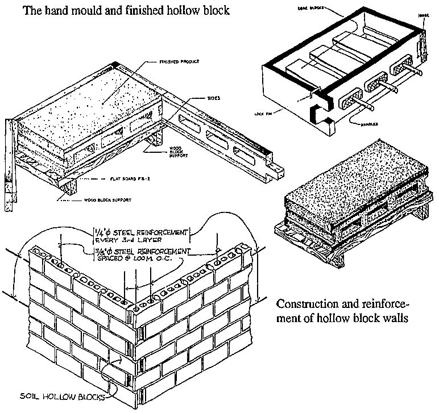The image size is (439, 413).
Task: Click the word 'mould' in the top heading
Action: click(100, 11)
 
